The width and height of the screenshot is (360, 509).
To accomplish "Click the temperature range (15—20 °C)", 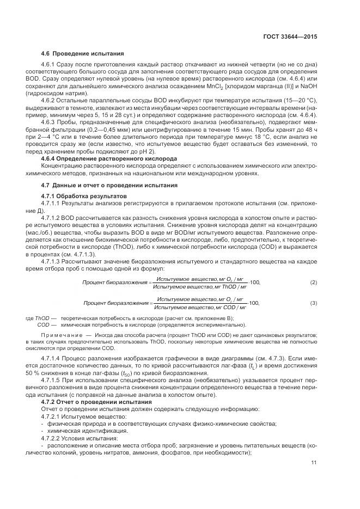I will [x=298, y=102].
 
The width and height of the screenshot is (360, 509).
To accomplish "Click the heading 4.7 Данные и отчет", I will [x=109, y=186].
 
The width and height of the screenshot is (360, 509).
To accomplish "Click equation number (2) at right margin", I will [x=313, y=282].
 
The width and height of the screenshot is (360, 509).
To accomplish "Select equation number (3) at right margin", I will [x=313, y=302].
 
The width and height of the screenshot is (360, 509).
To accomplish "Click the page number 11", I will [x=313, y=463].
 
